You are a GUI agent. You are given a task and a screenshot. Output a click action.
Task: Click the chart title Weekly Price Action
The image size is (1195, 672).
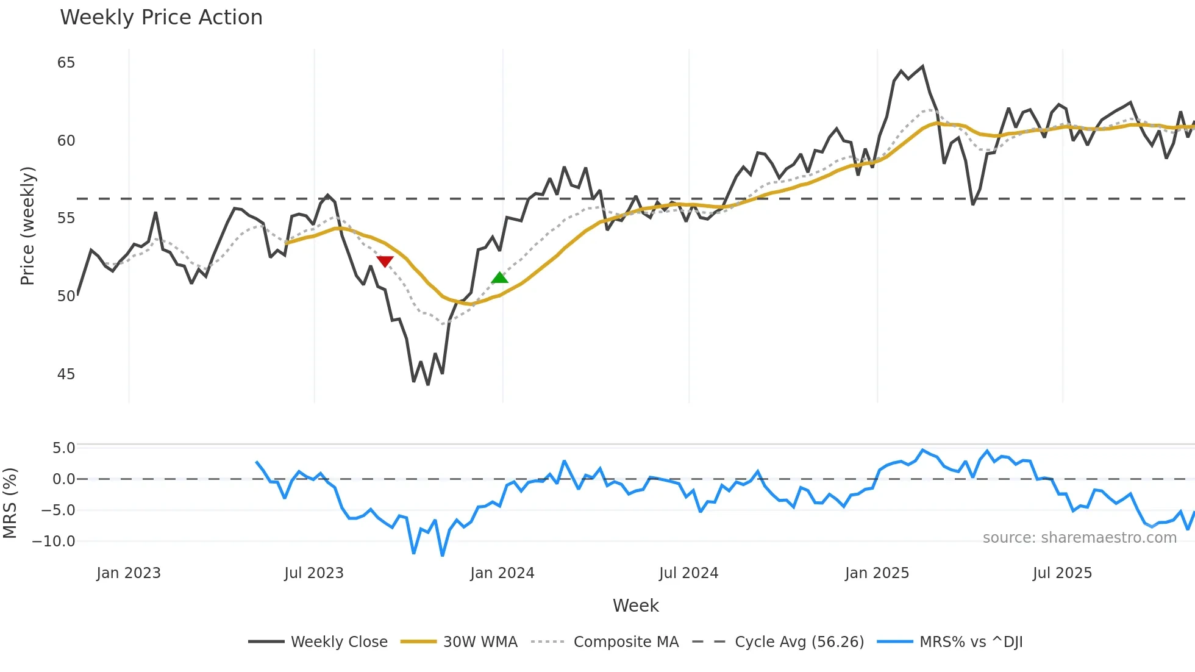(161, 18)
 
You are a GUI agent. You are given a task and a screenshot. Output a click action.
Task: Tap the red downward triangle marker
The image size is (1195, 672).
(385, 261)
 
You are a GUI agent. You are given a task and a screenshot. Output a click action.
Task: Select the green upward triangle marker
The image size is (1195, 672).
(499, 278)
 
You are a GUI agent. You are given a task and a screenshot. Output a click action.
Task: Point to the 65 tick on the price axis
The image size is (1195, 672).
(66, 63)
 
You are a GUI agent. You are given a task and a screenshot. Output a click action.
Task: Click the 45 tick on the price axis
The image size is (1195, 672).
(66, 374)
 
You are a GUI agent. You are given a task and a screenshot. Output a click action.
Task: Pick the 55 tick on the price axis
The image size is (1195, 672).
(66, 218)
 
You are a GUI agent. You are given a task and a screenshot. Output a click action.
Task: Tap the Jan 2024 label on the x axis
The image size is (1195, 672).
(502, 573)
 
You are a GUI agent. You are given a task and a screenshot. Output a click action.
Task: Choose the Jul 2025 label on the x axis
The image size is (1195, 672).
(1062, 573)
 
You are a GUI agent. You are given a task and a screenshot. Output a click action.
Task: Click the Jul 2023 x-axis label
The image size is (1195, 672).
(314, 573)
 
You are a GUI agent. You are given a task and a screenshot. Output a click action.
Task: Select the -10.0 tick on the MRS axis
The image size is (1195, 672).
(54, 542)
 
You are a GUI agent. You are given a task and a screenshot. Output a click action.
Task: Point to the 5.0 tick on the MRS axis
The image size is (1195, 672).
(63, 448)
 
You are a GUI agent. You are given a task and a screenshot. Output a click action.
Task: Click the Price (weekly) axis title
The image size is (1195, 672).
(27, 226)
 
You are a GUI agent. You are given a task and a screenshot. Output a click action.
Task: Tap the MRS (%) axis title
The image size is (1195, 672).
(10, 503)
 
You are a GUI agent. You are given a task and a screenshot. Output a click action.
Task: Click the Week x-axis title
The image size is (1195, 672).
(635, 606)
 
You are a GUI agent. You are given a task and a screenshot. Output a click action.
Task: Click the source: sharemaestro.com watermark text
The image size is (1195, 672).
(1079, 538)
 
